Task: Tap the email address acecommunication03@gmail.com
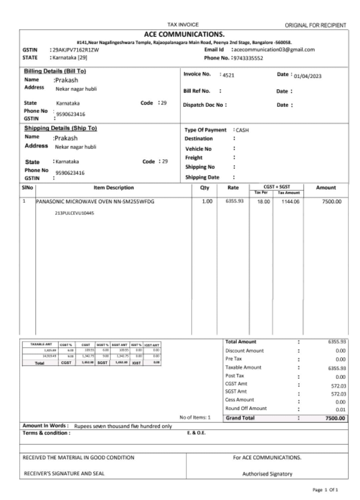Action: tap(273, 49)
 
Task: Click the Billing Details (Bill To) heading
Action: tap(55, 71)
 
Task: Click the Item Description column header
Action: tap(113, 188)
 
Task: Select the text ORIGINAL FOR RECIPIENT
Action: tap(317, 25)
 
